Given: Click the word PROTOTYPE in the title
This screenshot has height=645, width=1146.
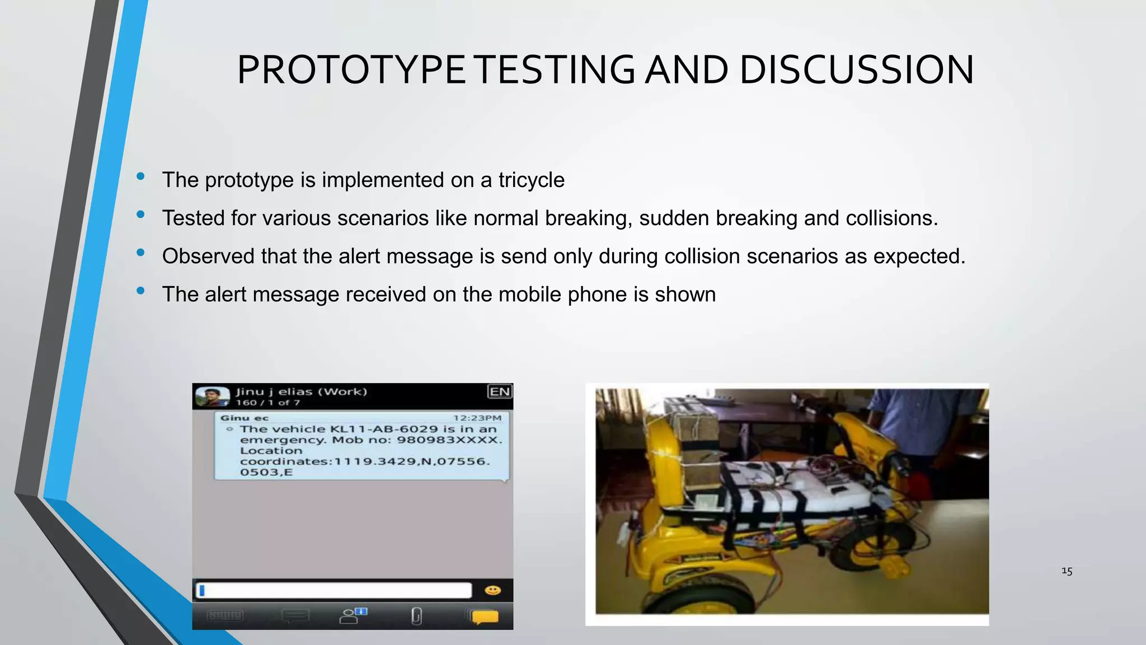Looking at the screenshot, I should tap(351, 70).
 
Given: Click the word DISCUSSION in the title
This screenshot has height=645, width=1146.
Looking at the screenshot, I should tap(856, 70).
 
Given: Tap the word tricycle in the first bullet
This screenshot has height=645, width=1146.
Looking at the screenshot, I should tap(531, 180).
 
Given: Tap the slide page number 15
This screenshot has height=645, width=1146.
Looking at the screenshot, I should tap(1067, 571).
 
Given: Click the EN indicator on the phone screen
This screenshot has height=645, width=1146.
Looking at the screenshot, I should tap(500, 391).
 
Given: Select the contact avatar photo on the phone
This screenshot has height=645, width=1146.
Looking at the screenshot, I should tap(212, 397).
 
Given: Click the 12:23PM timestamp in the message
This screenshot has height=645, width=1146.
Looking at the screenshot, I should tap(477, 418).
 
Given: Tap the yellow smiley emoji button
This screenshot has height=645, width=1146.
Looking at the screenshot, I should tap(492, 590).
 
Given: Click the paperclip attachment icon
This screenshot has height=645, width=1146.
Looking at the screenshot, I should tap(416, 616).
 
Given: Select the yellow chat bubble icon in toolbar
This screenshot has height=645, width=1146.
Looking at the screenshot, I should tap(485, 616).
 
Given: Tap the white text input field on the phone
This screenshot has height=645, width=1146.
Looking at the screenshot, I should tap(335, 590).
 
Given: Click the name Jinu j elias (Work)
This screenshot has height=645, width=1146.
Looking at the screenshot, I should tap(301, 391).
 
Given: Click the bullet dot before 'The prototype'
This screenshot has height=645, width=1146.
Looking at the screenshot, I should tap(140, 177).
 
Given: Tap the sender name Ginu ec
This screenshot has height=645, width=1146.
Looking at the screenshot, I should tap(244, 418).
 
